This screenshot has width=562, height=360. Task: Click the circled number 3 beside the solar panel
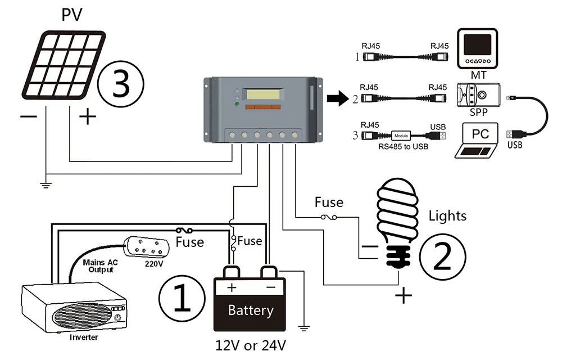[121, 84]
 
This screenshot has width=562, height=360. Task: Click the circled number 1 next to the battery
[182, 297]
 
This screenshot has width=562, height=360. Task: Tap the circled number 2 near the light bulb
[442, 256]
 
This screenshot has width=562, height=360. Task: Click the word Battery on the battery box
[251, 310]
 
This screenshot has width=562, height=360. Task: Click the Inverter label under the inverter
[84, 337]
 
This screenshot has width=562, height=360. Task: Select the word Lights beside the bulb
[447, 215]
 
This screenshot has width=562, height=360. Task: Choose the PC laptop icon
[480, 141]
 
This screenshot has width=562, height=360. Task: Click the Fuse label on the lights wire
[329, 201]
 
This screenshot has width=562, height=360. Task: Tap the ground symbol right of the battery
[303, 326]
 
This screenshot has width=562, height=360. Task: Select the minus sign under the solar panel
[29, 117]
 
